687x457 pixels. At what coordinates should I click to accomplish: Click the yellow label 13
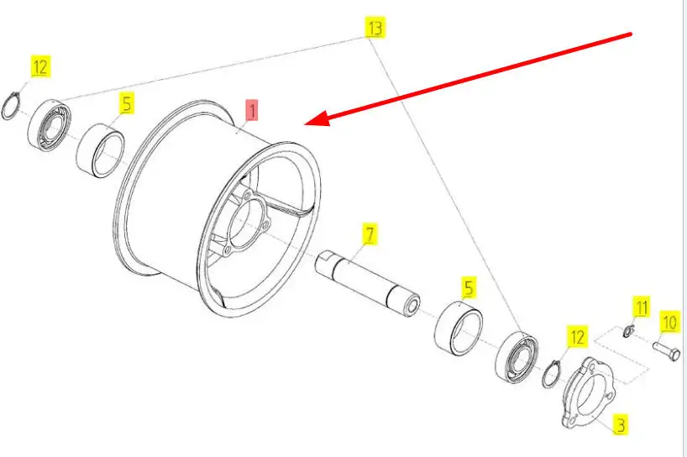pyautogui.click(x=375, y=28)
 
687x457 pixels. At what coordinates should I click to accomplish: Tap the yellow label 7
pyautogui.click(x=370, y=234)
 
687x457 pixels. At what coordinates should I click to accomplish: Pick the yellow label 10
pyautogui.click(x=669, y=321)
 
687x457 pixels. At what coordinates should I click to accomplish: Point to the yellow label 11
pyautogui.click(x=642, y=307)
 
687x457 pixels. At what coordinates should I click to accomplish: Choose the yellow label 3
pyautogui.click(x=621, y=424)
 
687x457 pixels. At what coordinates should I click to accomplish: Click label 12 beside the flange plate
pyautogui.click(x=577, y=338)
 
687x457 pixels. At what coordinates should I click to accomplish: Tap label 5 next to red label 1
pyautogui.click(x=126, y=104)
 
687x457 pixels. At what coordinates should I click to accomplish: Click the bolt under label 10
pyautogui.click(x=665, y=347)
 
